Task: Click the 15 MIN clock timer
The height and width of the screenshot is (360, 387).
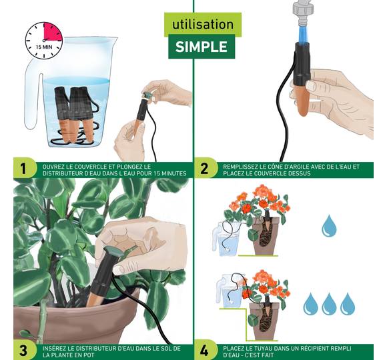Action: tap(44, 41)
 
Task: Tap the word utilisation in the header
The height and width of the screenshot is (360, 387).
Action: tap(203, 25)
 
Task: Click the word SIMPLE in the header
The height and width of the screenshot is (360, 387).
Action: tap(202, 47)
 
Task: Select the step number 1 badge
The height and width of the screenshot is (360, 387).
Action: tap(24, 169)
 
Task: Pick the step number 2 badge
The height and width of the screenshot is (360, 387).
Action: tap(205, 169)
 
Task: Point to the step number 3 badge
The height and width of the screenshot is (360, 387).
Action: tap(23, 350)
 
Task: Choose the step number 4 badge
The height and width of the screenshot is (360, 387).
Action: tap(204, 350)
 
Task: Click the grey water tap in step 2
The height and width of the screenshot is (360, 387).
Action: tap(303, 13)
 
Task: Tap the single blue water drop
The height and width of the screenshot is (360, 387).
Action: tap(329, 225)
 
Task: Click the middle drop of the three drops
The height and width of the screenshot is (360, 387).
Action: tap(329, 304)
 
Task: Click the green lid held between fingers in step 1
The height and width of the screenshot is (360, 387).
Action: tap(148, 95)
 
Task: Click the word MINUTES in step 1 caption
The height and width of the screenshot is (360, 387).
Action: tap(173, 173)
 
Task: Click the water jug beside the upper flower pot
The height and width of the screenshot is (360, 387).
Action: tap(227, 239)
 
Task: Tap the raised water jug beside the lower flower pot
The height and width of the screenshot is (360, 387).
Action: tap(231, 291)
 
